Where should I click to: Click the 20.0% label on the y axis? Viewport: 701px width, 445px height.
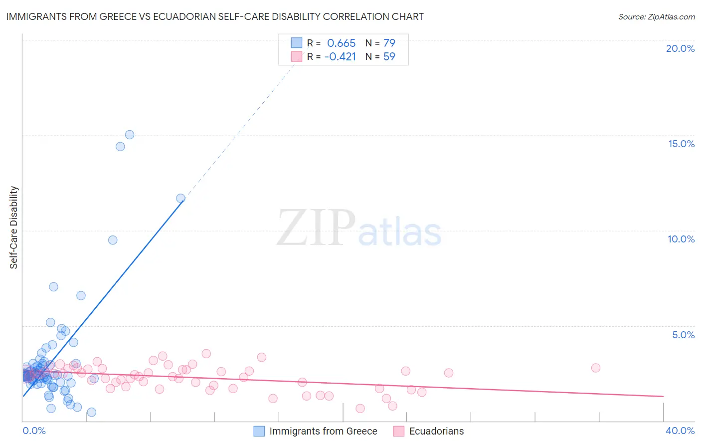point(680,48)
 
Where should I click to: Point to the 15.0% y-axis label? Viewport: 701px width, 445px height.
point(681,144)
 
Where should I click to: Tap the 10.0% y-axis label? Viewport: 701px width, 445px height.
point(681,239)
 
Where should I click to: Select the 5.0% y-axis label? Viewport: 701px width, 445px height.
point(683,335)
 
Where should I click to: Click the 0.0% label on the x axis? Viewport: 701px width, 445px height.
point(34,431)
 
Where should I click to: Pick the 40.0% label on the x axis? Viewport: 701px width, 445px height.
point(680,431)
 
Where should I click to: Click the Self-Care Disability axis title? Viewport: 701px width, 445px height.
point(14,227)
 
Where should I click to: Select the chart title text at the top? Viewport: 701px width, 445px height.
point(215,16)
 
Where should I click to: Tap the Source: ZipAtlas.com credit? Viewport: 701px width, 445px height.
point(656,16)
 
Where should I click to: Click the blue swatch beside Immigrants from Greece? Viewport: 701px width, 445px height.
point(259,431)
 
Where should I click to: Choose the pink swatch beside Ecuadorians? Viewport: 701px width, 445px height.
point(398,431)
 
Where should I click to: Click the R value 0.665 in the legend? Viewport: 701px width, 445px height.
point(341,43)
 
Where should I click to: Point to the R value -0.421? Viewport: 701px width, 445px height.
point(340,56)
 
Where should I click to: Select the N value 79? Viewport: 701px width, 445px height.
point(389,43)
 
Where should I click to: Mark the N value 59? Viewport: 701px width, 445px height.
point(389,56)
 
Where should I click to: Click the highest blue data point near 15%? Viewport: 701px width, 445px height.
point(130,135)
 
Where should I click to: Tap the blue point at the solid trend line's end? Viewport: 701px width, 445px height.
point(180,199)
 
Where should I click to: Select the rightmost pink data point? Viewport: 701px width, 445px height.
point(595,368)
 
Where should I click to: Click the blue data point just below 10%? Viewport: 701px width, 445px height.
point(113,240)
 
